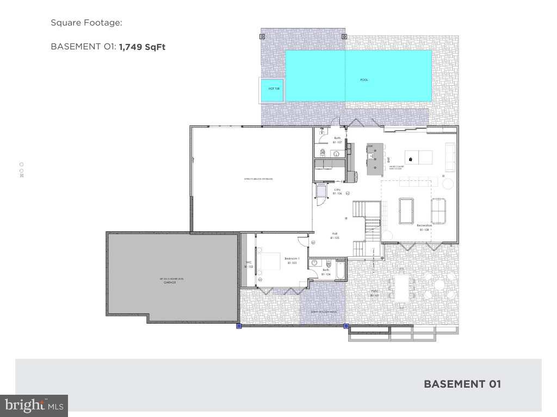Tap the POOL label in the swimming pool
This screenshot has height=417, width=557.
[364, 80]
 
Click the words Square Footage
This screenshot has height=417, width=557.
[86, 23]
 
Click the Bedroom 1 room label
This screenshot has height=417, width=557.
[292, 260]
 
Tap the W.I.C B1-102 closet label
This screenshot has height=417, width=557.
[249, 264]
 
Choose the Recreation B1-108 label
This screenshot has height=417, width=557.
[424, 227]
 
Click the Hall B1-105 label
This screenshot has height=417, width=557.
[335, 235]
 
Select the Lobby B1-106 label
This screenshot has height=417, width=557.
[337, 191]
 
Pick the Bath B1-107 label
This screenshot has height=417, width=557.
[337, 140]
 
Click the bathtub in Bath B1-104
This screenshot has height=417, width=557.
[340, 270]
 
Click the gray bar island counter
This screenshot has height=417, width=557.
[374, 159]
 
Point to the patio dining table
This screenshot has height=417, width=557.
[402, 288]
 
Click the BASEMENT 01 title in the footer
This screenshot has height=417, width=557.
[462, 384]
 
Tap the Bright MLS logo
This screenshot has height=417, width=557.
[34, 405]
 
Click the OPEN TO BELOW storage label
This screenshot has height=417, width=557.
[258, 179]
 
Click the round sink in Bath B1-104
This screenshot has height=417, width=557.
[314, 263]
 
